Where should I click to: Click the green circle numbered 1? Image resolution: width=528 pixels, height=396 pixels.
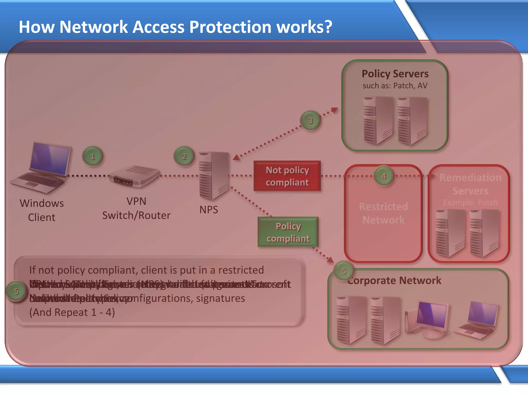click(x=93, y=156)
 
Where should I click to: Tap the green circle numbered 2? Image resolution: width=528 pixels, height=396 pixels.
click(x=184, y=156)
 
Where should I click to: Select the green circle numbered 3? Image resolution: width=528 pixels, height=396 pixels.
click(x=310, y=120)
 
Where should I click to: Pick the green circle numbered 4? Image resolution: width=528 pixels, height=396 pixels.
click(x=384, y=176)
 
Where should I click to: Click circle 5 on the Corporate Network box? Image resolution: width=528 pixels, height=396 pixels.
click(x=344, y=271)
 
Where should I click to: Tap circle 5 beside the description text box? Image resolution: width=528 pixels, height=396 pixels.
click(x=16, y=291)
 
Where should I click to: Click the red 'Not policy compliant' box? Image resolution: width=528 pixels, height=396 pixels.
click(x=287, y=176)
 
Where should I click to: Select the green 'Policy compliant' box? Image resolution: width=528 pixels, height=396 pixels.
click(x=288, y=232)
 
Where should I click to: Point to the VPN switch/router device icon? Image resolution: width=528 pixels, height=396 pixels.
click(x=134, y=176)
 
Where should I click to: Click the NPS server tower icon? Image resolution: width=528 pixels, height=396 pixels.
click(x=214, y=176)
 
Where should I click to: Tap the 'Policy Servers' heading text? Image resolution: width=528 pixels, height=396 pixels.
click(x=395, y=74)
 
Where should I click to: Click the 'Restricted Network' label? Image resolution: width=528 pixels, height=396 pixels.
click(x=383, y=213)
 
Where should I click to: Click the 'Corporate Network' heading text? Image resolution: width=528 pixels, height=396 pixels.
click(x=394, y=280)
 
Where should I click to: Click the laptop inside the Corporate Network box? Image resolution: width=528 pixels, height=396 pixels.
click(x=477, y=320)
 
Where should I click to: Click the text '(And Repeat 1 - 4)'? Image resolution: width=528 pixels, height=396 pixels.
click(x=72, y=312)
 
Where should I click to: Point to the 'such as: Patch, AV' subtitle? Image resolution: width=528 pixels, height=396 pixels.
click(x=395, y=86)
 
